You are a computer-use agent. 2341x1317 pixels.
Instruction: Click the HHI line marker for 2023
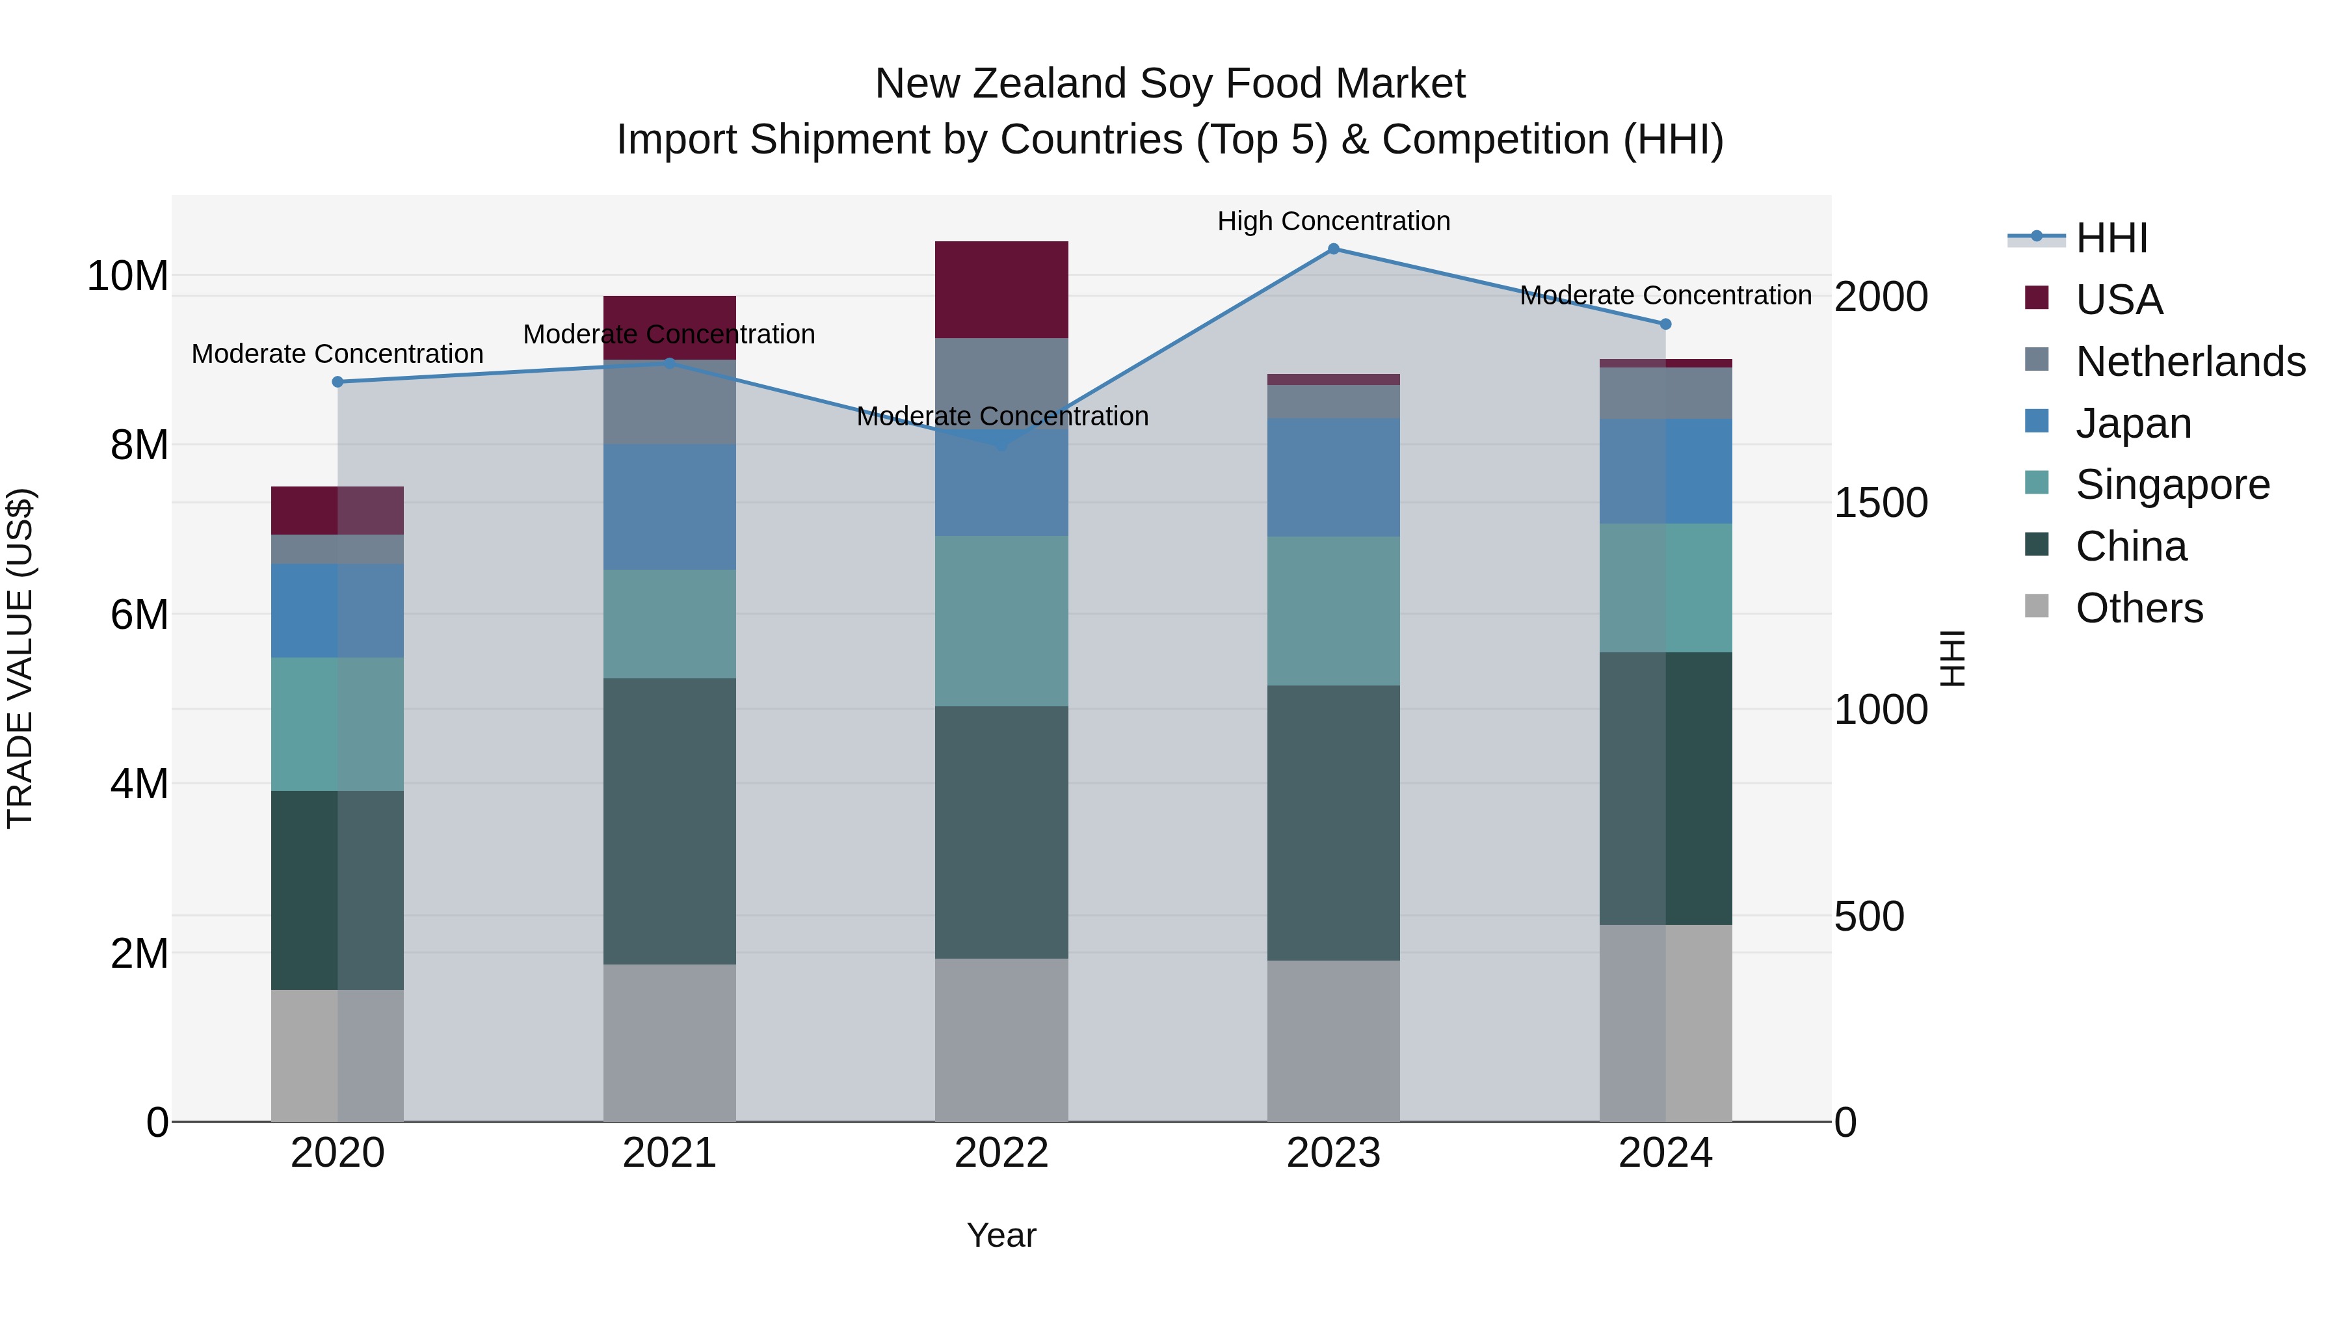click(1333, 248)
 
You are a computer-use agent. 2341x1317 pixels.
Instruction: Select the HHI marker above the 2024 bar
click(1665, 324)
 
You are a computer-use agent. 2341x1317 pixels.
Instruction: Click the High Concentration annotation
click(1333, 221)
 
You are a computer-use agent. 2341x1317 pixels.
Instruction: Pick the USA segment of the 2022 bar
click(1001, 289)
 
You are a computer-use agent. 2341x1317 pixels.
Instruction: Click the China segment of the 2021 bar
click(669, 820)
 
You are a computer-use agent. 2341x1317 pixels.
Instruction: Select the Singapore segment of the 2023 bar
click(1333, 610)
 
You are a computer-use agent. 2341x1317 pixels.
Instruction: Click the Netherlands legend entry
click(2190, 362)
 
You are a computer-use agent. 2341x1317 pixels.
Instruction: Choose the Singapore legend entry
click(2172, 485)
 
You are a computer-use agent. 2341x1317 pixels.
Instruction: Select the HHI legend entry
click(2110, 238)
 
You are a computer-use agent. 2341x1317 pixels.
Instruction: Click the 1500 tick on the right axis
click(1880, 503)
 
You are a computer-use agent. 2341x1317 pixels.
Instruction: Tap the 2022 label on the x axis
click(1001, 1153)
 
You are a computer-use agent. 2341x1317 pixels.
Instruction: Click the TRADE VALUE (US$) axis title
click(20, 658)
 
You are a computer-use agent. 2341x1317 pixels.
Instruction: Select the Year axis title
click(1001, 1235)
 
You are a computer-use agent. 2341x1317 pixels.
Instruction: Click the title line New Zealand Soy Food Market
click(1170, 84)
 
